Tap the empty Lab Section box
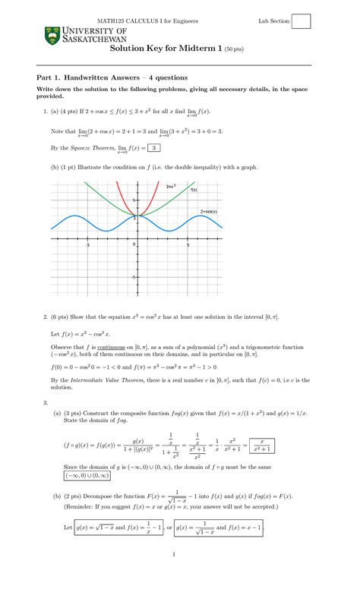click(x=302, y=21)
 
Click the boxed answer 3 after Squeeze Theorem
click(x=154, y=148)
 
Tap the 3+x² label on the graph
click(x=171, y=186)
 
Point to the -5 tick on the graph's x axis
click(x=88, y=245)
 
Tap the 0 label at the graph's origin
click(x=134, y=245)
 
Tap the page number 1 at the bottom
click(x=174, y=575)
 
